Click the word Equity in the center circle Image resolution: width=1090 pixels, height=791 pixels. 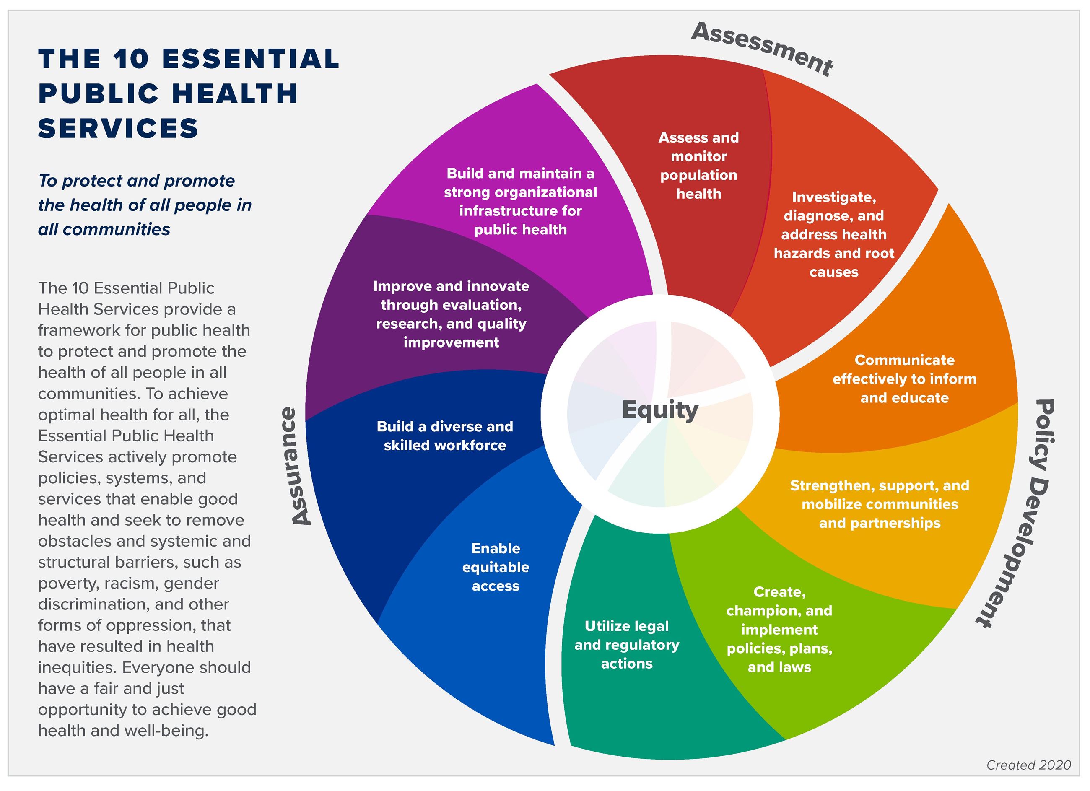[659, 410]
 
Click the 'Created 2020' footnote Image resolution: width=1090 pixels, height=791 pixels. [1028, 765]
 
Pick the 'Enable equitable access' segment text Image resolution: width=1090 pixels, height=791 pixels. [496, 567]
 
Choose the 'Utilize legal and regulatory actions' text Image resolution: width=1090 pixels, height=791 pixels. [627, 644]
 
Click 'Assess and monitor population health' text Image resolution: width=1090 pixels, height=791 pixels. [698, 165]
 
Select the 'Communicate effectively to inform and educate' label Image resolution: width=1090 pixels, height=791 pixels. [904, 379]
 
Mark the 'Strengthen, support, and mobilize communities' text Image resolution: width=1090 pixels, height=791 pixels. [880, 504]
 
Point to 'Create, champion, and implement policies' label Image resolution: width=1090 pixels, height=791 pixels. [779, 629]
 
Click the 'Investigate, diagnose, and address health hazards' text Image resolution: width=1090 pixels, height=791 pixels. [834, 234]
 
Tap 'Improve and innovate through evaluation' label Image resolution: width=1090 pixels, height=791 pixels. [451, 314]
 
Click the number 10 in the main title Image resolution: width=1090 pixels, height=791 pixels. [131, 59]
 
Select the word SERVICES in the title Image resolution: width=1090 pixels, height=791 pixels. [118, 128]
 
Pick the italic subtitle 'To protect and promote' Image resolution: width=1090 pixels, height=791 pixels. [137, 181]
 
